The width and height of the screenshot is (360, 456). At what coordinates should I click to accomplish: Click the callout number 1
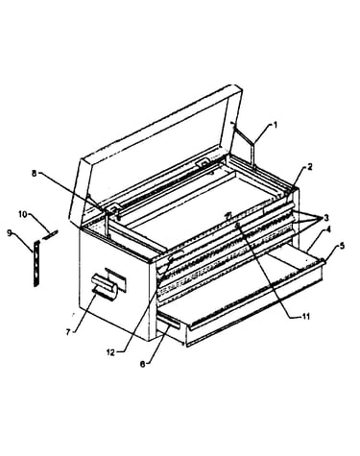coord(275,125)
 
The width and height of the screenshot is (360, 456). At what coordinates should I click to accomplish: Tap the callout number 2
coord(310,166)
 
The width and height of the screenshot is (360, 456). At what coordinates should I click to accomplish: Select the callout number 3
coord(326,218)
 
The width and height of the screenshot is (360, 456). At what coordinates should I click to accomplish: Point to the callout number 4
coord(328,229)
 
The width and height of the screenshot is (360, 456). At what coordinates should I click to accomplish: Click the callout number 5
coord(342,246)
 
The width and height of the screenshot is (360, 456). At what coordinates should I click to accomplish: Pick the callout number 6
coord(143,364)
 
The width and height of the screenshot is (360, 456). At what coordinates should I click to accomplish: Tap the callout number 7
coord(68,332)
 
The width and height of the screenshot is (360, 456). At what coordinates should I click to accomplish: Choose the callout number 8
coord(34,174)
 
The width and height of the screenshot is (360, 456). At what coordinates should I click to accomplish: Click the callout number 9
coord(10,233)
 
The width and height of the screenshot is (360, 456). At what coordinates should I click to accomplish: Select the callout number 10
coord(22,215)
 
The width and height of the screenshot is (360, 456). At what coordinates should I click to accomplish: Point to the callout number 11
coord(306,317)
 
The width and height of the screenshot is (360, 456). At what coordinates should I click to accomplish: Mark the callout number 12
coord(110,352)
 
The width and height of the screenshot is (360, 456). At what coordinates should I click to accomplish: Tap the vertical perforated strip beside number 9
coord(37,263)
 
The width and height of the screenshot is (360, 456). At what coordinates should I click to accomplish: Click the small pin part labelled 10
coord(52,234)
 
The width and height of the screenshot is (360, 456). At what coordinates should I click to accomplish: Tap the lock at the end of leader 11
coord(238,226)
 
